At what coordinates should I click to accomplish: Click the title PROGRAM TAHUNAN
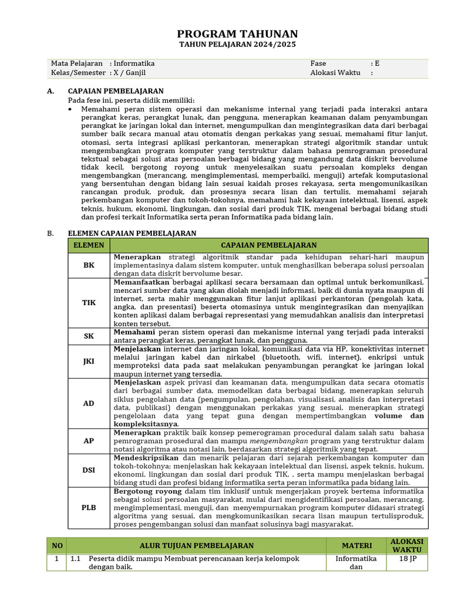coord(237,34)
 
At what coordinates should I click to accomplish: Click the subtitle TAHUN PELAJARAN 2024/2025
coord(237,45)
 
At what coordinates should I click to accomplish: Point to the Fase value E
coord(377,63)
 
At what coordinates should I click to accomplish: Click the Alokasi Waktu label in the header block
coord(335,73)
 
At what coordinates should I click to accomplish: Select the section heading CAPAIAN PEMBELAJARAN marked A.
coord(116,91)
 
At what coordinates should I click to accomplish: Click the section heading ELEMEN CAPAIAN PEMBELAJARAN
coord(132,233)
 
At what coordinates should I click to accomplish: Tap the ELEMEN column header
coord(89,245)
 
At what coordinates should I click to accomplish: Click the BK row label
coord(89,265)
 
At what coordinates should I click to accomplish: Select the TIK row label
coord(89,303)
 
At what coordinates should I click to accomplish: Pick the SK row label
coord(89,336)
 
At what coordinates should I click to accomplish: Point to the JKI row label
coord(89,362)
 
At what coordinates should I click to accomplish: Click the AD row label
coord(89,403)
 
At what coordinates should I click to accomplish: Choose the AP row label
coord(89,440)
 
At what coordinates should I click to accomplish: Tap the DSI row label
coord(89,470)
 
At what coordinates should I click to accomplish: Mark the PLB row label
coord(89,508)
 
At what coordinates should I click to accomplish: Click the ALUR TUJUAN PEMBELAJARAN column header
coord(197,546)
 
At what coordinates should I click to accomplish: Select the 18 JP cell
coord(407,559)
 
